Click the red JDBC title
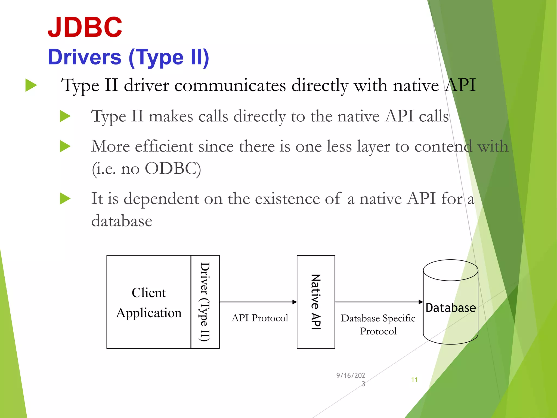(x=85, y=27)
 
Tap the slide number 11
(x=414, y=380)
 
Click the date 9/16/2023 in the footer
(x=351, y=379)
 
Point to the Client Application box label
(x=149, y=303)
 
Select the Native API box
(x=316, y=302)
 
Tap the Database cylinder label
(x=451, y=308)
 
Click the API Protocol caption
(x=260, y=318)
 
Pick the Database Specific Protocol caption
(x=378, y=324)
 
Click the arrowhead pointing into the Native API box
(x=295, y=302)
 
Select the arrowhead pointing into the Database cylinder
(x=421, y=302)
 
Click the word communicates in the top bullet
(x=230, y=85)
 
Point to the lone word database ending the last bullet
(x=122, y=221)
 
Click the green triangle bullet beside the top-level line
(x=31, y=85)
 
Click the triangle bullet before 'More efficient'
(x=65, y=146)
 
